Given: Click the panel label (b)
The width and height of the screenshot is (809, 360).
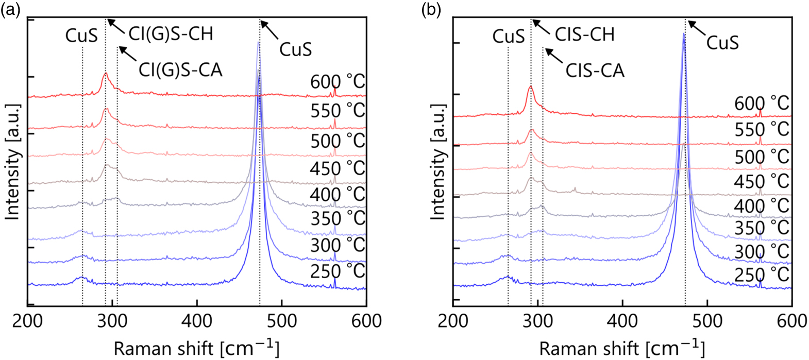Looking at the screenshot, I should [431, 10].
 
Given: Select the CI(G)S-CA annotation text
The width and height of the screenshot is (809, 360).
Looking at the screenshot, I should [180, 70].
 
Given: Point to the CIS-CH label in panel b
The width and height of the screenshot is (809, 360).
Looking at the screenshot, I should [584, 35].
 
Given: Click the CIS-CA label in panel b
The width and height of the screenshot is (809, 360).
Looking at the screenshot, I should [595, 70].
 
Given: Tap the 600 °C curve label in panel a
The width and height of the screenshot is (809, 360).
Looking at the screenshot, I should [337, 82].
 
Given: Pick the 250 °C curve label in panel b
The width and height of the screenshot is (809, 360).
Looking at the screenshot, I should [761, 275].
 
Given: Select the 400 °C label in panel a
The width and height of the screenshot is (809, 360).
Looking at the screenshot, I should [337, 195].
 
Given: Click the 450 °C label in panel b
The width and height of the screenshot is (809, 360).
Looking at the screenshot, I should [761, 181].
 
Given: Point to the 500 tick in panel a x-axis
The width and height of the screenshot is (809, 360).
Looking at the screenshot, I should [281, 321].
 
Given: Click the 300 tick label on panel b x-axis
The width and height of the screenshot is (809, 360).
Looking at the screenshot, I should [537, 321].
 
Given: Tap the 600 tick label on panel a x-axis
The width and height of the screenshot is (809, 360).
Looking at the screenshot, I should [366, 321].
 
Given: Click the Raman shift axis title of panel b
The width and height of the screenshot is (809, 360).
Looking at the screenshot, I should [621, 348].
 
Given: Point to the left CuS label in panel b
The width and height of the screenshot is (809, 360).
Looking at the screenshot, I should [508, 36].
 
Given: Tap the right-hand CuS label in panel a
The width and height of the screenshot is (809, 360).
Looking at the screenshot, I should [295, 49].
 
